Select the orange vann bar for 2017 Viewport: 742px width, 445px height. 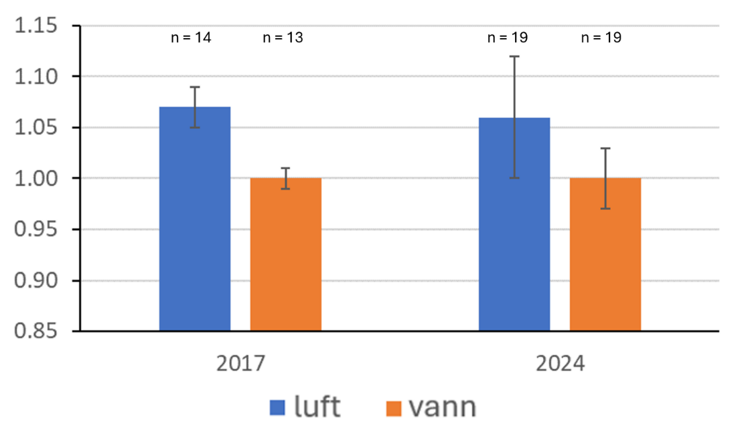click(286, 254)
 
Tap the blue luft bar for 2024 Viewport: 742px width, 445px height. click(514, 224)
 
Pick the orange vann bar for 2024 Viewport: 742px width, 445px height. click(605, 254)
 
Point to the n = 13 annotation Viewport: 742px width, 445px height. click(282, 38)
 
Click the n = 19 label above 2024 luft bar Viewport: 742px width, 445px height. click(507, 38)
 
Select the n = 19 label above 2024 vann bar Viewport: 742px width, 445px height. click(600, 38)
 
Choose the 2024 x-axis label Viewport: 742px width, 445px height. click(560, 364)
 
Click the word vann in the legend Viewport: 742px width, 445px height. click(442, 407)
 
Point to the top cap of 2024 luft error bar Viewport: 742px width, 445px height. click(514, 56)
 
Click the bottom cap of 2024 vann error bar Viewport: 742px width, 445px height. click(605, 209)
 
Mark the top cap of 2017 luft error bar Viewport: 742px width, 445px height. click(194, 87)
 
